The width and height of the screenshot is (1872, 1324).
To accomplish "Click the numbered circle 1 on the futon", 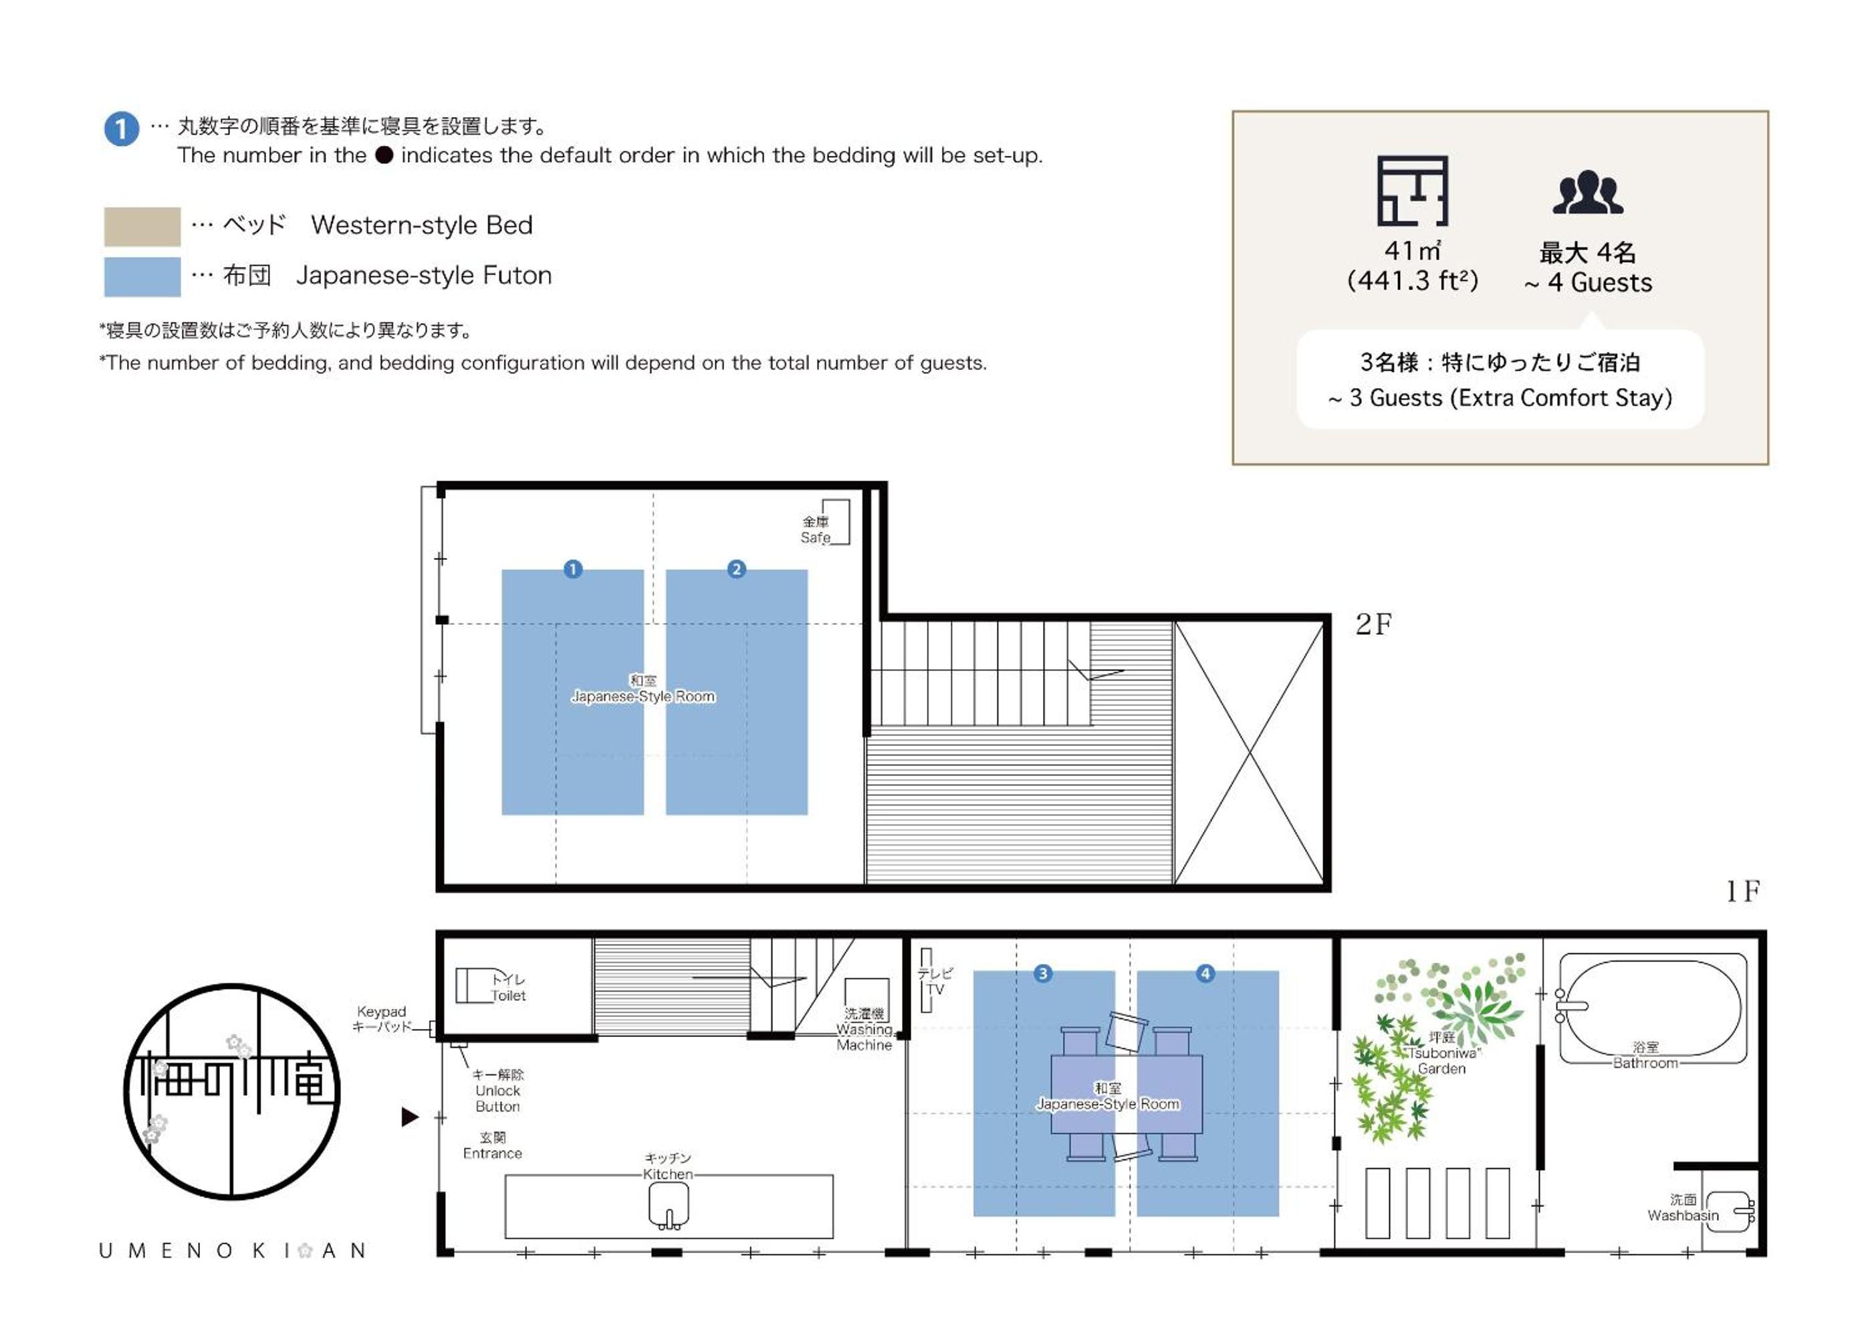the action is click(573, 569).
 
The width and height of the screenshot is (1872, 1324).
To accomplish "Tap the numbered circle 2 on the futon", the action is click(736, 569).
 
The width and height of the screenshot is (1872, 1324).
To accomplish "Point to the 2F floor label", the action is click(1373, 625).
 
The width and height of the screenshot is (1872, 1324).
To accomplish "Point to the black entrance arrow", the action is click(410, 1117).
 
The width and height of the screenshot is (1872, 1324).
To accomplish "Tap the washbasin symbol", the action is click(1730, 1212).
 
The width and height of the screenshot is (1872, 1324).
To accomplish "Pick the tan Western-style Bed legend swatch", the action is click(142, 227).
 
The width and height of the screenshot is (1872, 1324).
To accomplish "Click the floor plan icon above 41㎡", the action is click(1412, 191).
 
